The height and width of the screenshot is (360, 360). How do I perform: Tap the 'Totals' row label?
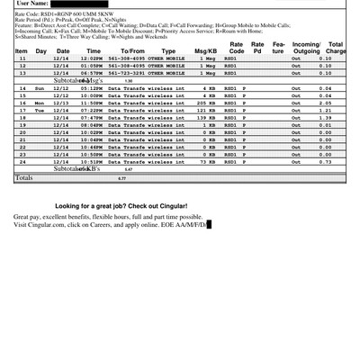[23, 178]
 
